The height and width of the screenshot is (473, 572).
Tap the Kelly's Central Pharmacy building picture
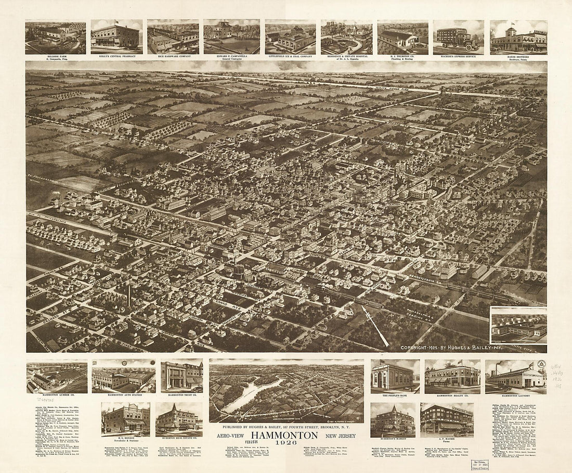pos(116,36)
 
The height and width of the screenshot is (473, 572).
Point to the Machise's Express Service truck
pos(458,39)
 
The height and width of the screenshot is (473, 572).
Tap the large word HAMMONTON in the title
pos(284,435)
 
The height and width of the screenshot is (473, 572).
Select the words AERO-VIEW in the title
pos(231,435)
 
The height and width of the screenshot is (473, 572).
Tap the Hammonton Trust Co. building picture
pos(181,376)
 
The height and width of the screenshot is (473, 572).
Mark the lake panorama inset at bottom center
pos(287,391)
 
